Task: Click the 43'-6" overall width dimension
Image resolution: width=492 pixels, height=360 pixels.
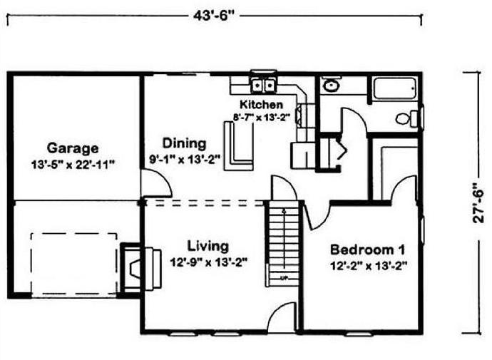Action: (x=214, y=16)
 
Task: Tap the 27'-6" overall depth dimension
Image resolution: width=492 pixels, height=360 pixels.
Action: (x=478, y=203)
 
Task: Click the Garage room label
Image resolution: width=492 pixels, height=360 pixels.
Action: (x=73, y=148)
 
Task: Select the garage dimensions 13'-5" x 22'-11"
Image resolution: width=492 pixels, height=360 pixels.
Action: (x=71, y=165)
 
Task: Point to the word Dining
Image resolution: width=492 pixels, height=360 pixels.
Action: (x=184, y=143)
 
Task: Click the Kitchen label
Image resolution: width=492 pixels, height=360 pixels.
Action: (x=261, y=104)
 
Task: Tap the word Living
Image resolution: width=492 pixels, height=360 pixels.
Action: (x=208, y=247)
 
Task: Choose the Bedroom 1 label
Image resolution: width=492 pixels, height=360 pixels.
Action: (x=367, y=250)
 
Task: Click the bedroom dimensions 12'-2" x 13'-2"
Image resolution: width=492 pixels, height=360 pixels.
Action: (x=369, y=266)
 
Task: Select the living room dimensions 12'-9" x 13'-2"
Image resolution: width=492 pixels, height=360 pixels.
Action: (x=209, y=262)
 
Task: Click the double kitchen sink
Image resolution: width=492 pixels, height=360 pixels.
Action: (x=264, y=85)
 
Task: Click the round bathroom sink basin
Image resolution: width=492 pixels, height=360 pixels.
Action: (x=330, y=86)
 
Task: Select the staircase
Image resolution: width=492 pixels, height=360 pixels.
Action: (x=283, y=243)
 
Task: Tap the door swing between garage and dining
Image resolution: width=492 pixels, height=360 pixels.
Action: (x=155, y=184)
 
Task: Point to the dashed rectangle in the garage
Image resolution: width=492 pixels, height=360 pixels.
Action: (x=74, y=264)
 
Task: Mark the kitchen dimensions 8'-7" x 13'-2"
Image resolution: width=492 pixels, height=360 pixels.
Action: (x=261, y=118)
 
